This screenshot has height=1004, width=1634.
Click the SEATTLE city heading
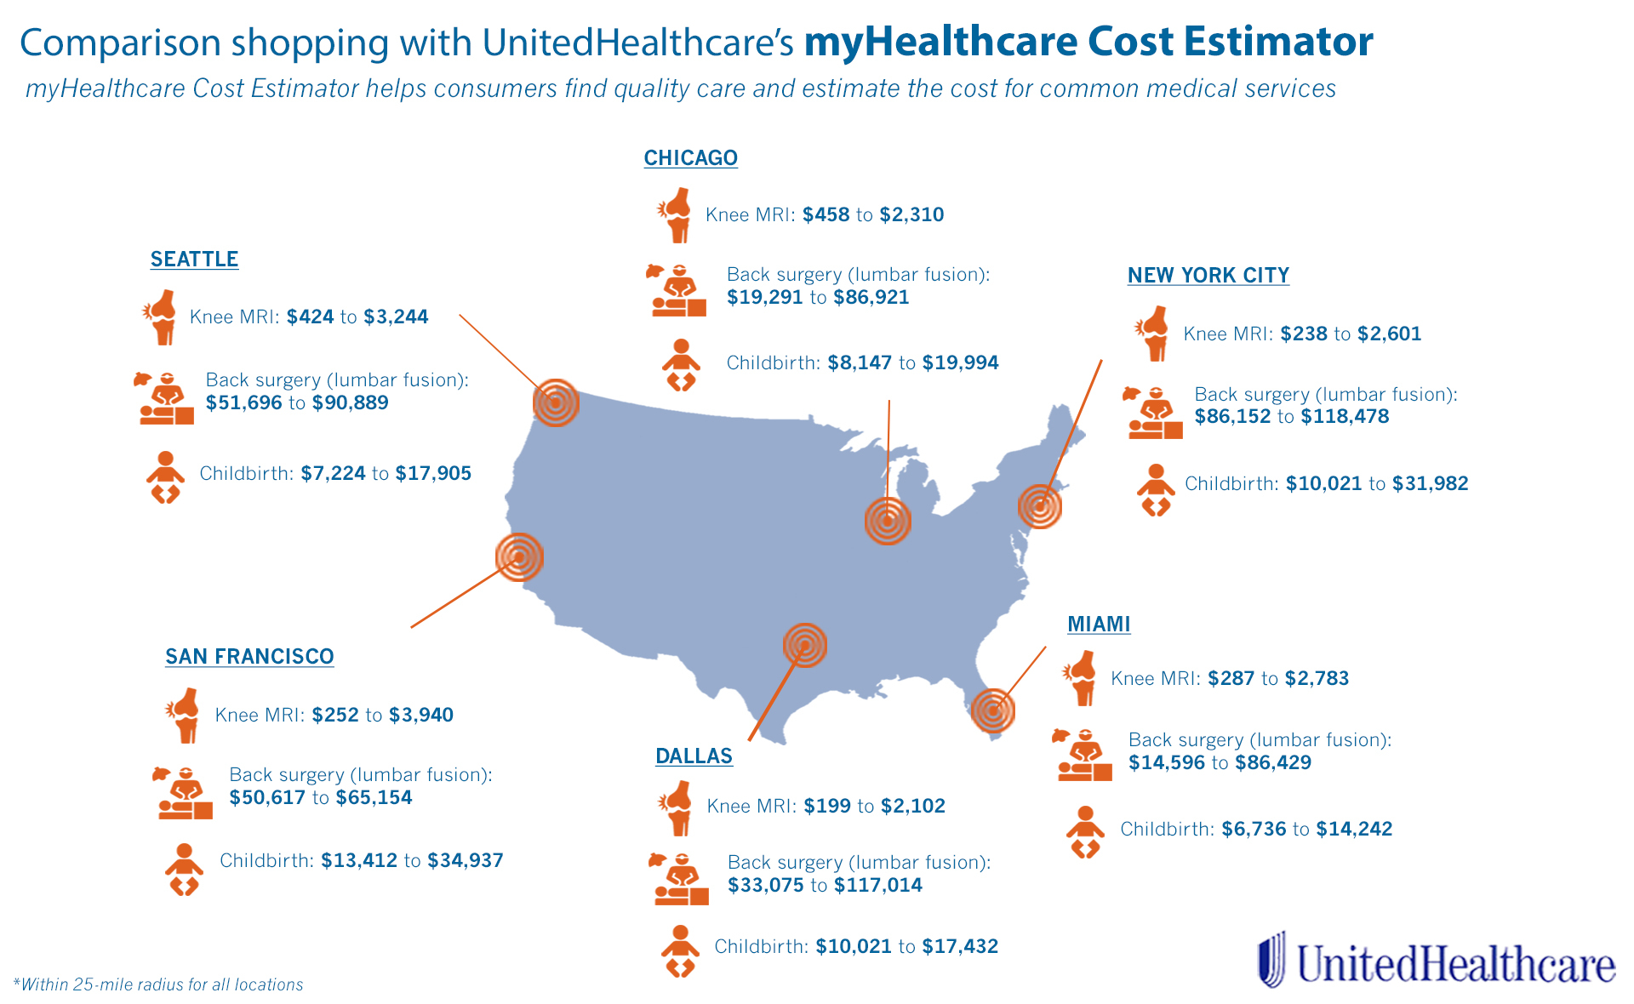click(x=194, y=260)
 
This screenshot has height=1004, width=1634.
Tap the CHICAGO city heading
click(x=690, y=158)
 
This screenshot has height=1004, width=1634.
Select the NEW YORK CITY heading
click(x=1208, y=276)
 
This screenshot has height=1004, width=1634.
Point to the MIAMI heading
click(x=1099, y=625)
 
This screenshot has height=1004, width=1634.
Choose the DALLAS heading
click(x=694, y=756)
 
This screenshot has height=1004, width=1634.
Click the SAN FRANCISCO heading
click(x=249, y=657)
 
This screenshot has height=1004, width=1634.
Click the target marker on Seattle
click(x=556, y=402)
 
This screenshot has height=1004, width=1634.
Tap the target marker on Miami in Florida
click(x=993, y=710)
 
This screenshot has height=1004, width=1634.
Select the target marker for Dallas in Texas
click(x=804, y=645)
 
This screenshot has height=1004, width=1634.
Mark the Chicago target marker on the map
click(x=888, y=521)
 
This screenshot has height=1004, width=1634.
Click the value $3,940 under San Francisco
click(x=421, y=715)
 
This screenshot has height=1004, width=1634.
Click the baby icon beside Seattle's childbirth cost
click(x=165, y=476)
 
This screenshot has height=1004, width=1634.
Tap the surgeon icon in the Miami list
click(x=1083, y=755)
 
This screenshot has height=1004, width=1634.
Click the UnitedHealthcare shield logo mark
click(x=1272, y=959)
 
